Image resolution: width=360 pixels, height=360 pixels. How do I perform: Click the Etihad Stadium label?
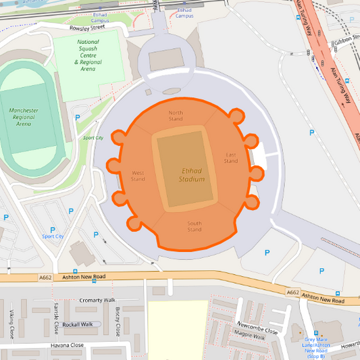192,175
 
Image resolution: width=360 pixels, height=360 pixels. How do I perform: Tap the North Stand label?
176,115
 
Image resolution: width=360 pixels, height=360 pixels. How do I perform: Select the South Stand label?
195,226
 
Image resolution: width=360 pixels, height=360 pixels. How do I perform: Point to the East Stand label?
231,157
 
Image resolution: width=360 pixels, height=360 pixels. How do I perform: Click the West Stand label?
138,176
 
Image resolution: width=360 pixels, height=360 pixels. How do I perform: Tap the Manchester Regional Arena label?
24,117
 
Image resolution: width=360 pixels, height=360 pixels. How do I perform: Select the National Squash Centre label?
88,55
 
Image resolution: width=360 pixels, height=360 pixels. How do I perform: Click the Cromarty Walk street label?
98,300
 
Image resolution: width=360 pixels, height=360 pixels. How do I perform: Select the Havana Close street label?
67,345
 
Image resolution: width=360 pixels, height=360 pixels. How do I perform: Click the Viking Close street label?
11,324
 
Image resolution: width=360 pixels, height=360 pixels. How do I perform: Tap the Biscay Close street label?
118,320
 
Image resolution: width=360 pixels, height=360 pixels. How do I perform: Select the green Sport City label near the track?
93,138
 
